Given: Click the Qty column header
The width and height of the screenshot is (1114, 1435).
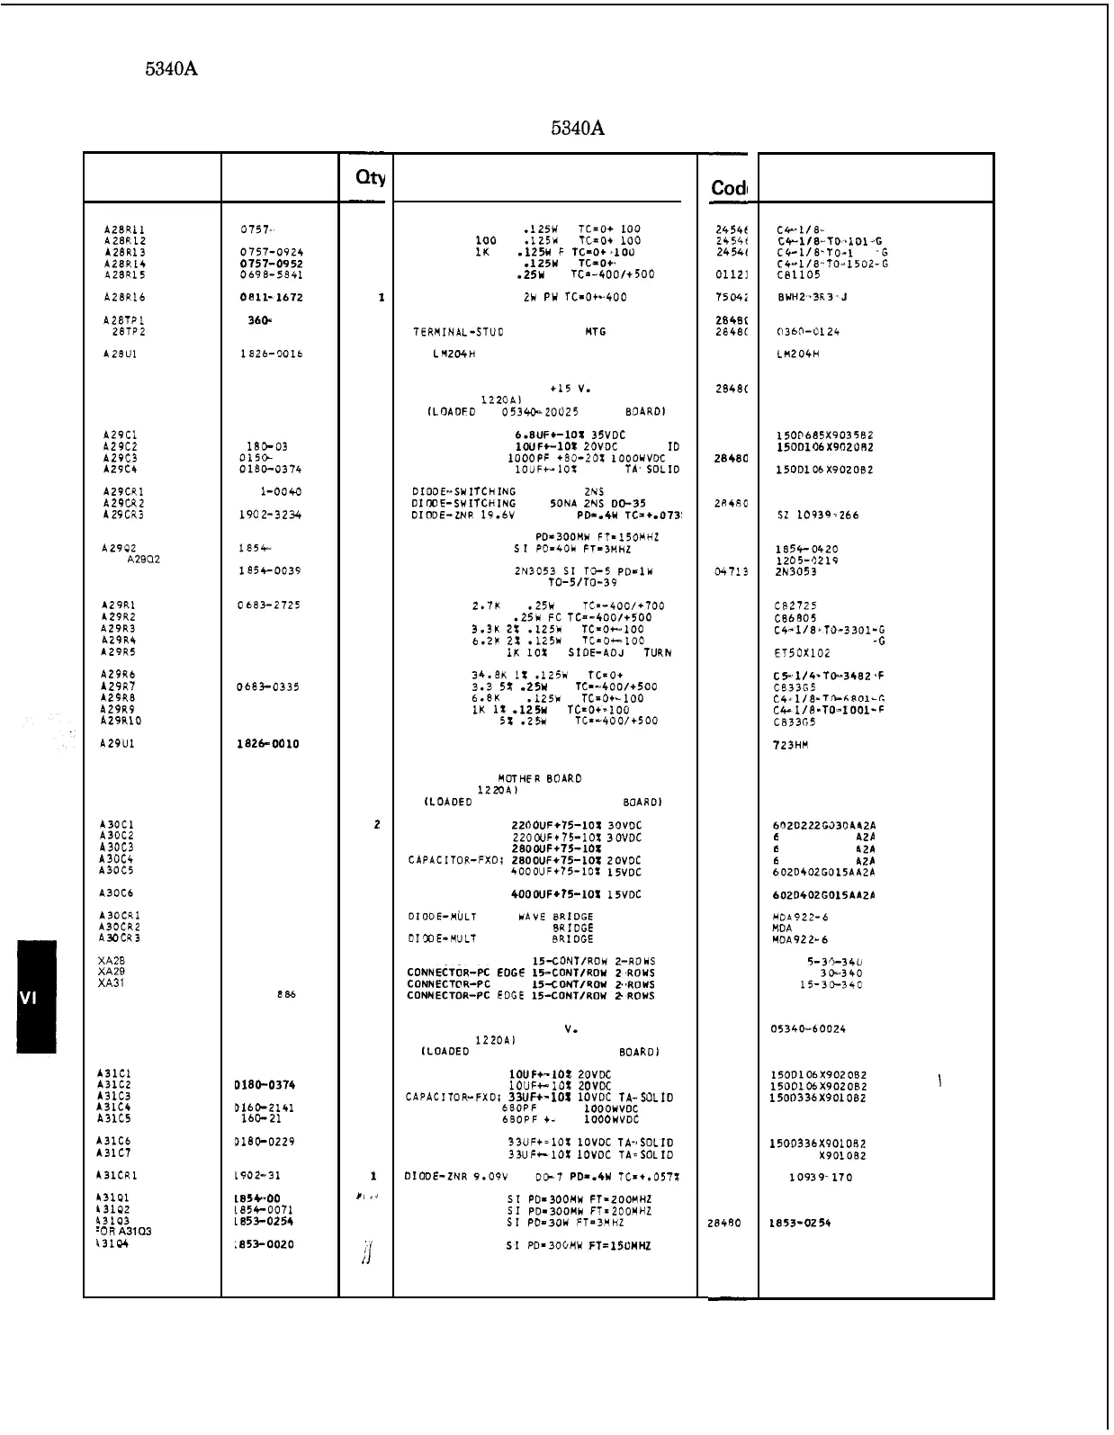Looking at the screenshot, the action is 370,178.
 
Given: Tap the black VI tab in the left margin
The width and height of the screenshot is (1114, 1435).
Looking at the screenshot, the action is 36,996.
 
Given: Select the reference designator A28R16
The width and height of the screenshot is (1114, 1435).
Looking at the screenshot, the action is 124,298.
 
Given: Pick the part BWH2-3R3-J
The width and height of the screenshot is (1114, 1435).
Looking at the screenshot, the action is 812,298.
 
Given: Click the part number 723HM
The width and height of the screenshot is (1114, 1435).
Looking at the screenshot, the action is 791,745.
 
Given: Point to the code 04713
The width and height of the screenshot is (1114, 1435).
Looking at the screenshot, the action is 732,572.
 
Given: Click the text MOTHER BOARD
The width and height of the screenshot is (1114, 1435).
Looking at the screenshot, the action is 539,779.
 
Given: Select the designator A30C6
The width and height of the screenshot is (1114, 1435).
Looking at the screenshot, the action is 117,893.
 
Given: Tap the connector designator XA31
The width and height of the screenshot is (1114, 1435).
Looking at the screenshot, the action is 112,983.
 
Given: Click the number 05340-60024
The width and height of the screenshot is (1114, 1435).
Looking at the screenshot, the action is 809,1029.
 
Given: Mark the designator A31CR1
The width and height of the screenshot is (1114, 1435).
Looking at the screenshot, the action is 117,1176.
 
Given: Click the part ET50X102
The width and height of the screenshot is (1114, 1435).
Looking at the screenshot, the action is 802,653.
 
